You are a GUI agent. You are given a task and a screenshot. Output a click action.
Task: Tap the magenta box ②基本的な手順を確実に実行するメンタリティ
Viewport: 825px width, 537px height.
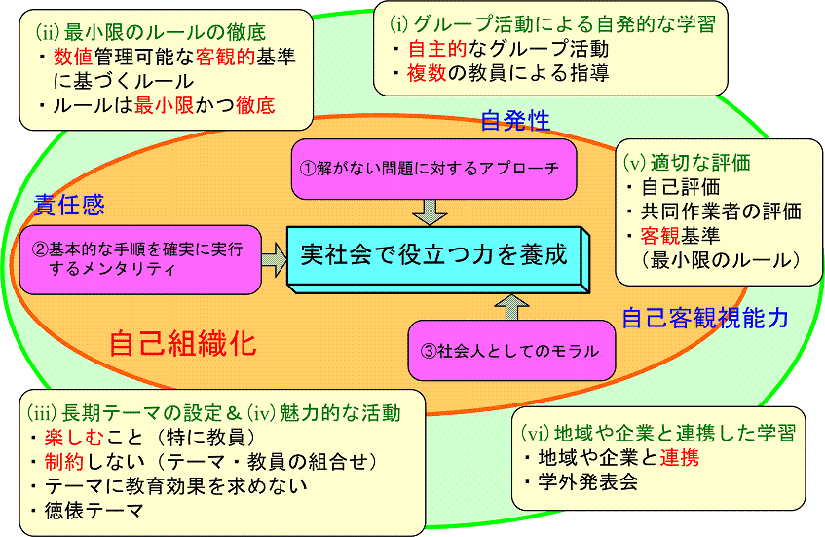pos(140,258)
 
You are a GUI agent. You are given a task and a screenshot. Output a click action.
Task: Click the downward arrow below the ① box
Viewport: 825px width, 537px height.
pos(429,210)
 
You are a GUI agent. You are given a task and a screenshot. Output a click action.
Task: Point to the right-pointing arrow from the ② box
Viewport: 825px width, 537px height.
pos(274,257)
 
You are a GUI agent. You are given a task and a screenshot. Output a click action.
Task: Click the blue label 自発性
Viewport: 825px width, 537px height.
pos(515,121)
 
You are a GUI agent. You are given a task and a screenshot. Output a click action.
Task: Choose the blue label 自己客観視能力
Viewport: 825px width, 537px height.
pos(705,318)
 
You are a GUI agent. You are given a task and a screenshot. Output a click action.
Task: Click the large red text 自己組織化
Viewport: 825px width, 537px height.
pos(182,343)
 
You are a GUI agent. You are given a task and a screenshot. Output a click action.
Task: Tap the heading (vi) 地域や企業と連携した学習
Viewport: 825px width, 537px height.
pos(659,431)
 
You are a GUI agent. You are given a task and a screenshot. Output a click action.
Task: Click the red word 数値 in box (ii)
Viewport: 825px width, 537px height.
pos(74,58)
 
